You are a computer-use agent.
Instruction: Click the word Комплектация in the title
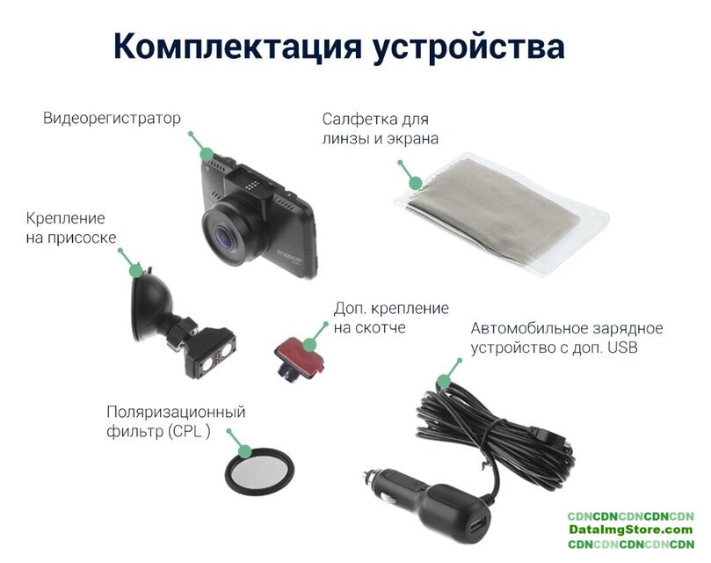coord(237,47)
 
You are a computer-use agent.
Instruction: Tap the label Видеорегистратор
coord(112,118)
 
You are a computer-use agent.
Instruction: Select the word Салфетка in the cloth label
coord(355,119)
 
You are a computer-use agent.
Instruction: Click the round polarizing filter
coord(260,472)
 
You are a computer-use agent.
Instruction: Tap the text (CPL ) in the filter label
coord(189,431)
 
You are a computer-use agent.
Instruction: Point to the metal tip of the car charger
coord(368,478)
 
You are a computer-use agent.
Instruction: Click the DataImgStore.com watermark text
coord(631,530)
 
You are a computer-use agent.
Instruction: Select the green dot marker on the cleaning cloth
coord(416,182)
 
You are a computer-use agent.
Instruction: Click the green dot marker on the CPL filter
coord(245,451)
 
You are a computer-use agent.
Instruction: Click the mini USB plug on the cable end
coord(552,437)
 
